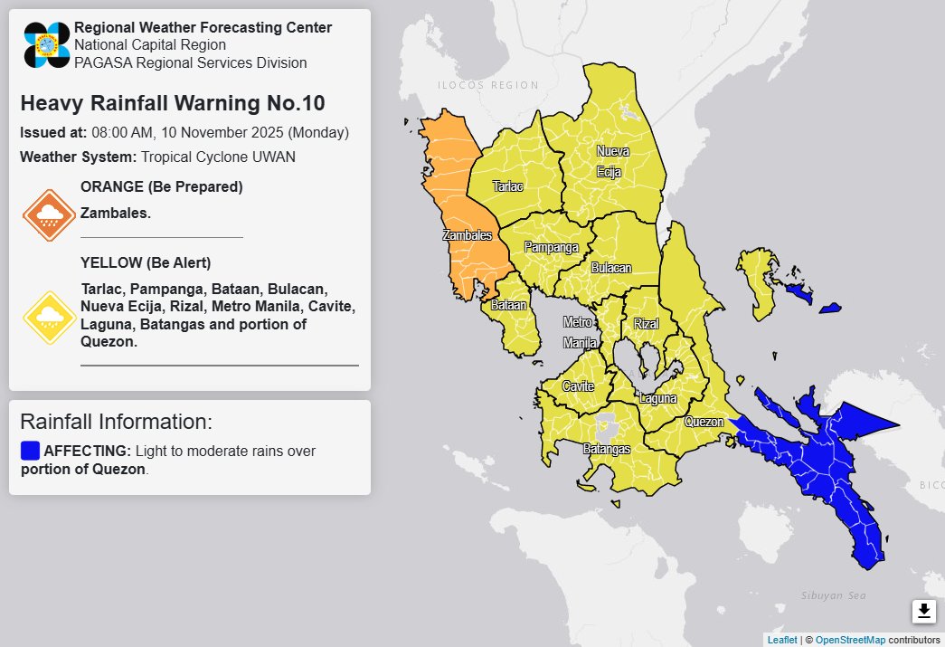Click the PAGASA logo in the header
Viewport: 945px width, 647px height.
point(47,45)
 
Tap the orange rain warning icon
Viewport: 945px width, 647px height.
point(49,214)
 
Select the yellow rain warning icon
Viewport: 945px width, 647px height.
point(49,317)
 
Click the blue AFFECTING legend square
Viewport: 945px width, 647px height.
point(30,451)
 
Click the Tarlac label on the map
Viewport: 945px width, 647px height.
point(507,186)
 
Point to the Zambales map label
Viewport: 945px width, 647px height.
point(467,235)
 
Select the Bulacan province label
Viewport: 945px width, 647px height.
point(611,269)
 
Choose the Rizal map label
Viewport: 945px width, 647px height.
point(647,324)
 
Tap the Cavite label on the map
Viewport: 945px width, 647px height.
point(578,387)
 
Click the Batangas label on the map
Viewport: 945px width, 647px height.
point(607,449)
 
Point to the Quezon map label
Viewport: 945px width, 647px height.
point(704,422)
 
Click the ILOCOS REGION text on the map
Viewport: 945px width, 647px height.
point(487,86)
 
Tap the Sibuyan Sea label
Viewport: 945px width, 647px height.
point(834,595)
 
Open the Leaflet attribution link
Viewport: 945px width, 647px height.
point(782,640)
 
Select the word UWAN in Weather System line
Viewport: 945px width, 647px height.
point(276,157)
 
